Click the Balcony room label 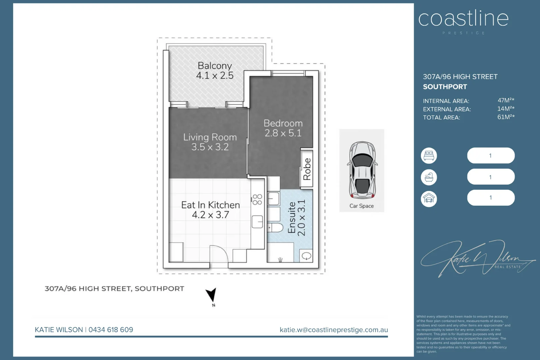(x=215, y=66)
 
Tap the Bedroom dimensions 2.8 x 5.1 (x=283, y=133)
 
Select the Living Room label (x=210, y=137)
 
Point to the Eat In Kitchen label (x=210, y=205)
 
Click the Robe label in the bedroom (x=307, y=169)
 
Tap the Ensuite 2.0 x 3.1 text (x=296, y=218)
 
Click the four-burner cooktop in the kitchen (x=257, y=199)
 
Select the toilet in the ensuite (x=275, y=228)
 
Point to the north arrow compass (x=212, y=296)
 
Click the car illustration (x=362, y=170)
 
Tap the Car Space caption (x=361, y=206)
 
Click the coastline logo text (x=463, y=19)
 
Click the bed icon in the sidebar (x=429, y=156)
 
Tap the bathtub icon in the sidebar (x=429, y=177)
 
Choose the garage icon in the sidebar (x=429, y=199)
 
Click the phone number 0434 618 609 (x=111, y=330)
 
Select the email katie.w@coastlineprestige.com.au (x=334, y=330)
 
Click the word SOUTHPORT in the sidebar (x=445, y=87)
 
